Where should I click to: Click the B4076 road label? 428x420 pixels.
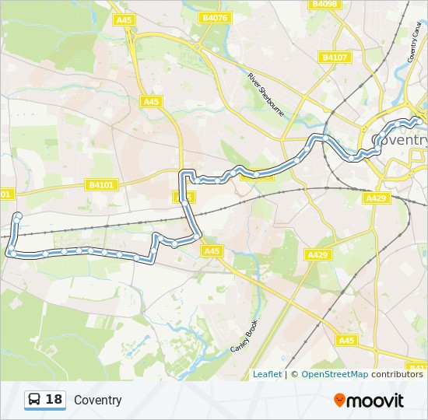[x=215, y=17]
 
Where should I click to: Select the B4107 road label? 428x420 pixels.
[x=334, y=57]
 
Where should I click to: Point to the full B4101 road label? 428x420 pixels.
[x=101, y=184]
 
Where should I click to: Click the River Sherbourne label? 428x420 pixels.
[x=266, y=95]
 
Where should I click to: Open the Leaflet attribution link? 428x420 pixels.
[x=267, y=374]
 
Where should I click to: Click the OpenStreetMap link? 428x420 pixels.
[x=335, y=374]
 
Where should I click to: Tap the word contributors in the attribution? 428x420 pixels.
[x=397, y=374]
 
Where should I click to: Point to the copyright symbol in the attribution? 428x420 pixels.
[x=295, y=374]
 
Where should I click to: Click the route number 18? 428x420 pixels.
[x=54, y=400]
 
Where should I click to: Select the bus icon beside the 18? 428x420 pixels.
[x=35, y=400]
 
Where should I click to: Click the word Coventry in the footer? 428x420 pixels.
[x=98, y=401]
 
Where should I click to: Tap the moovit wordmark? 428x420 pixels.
[x=375, y=401]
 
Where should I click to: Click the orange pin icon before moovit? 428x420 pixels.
[x=339, y=400]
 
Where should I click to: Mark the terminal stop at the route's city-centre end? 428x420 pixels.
[x=419, y=121]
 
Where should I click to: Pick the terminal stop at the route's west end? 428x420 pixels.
[x=17, y=216]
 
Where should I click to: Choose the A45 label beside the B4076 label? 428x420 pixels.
[x=122, y=19]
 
